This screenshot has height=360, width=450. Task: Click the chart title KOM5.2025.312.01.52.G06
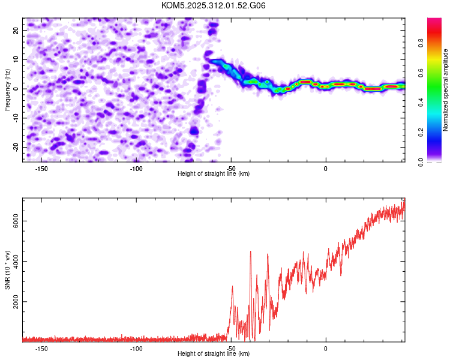coord(214,5)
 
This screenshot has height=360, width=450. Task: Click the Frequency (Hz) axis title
coord(7,88)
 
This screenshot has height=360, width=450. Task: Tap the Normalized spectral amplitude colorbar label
coord(446,90)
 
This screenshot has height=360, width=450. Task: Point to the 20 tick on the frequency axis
coord(16,30)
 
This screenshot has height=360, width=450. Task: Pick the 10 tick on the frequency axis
coord(16,59)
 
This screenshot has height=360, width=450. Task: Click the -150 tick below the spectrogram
coord(41,169)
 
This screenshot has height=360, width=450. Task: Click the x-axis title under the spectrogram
coord(214,174)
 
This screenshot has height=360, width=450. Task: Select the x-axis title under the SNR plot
coord(214,354)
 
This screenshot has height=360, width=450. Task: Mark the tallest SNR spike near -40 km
coord(251,251)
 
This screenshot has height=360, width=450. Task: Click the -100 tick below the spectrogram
coord(136,169)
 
